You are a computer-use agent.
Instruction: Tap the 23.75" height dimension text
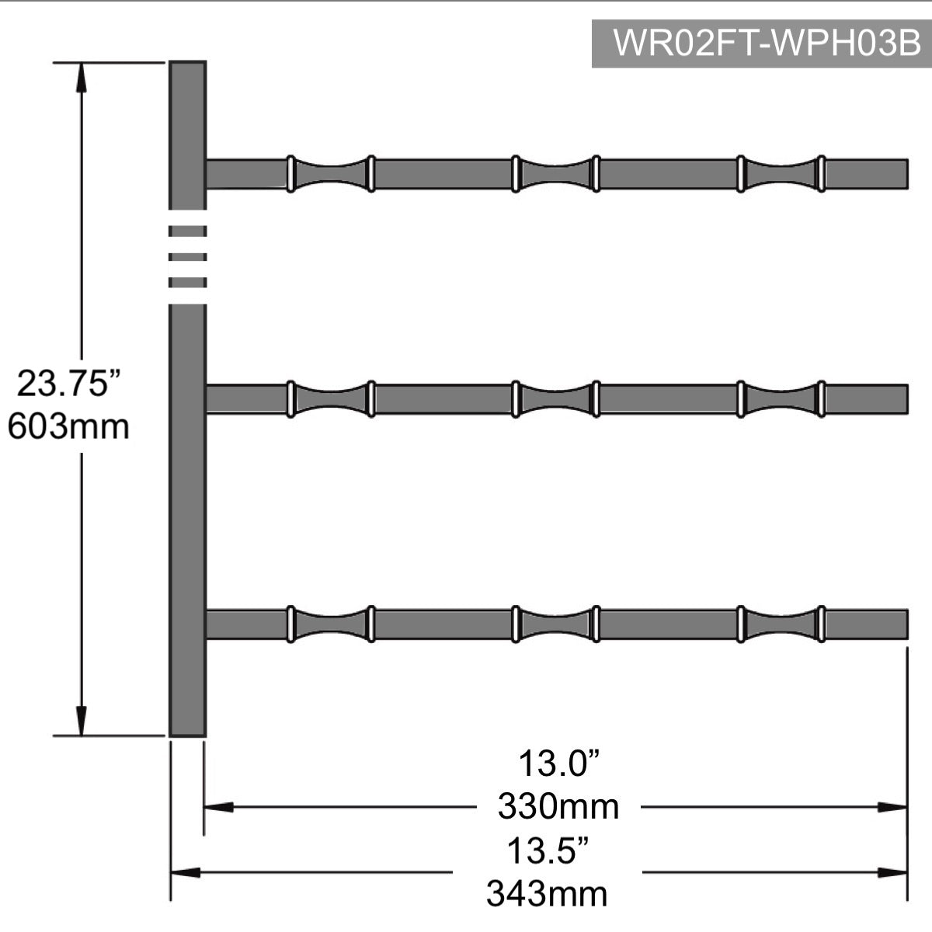coord(68,384)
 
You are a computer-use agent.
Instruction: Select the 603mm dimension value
coord(68,427)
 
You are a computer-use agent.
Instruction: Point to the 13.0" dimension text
coord(558,763)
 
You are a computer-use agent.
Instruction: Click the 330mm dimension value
coord(558,807)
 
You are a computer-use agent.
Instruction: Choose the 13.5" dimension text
coord(548,851)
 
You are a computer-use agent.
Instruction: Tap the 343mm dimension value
coord(547,894)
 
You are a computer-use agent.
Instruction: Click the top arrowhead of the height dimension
coord(82,78)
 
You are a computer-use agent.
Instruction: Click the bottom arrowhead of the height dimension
coord(82,721)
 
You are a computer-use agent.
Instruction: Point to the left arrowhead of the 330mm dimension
coord(218,807)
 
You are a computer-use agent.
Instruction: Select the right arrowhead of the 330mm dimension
coord(892,807)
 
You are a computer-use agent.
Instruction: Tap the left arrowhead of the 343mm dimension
coord(186,872)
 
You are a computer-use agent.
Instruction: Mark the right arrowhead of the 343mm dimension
coord(892,872)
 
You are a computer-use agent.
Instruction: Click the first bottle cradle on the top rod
coord(331,174)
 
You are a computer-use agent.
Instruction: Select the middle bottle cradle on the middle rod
coord(556,399)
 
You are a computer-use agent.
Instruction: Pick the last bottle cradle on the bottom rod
coord(781,624)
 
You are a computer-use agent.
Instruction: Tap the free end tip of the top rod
coord(908,174)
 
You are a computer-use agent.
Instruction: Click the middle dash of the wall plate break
coord(188,257)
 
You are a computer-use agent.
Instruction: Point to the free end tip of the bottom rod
coord(908,624)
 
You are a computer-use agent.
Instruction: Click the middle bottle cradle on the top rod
coord(556,174)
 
